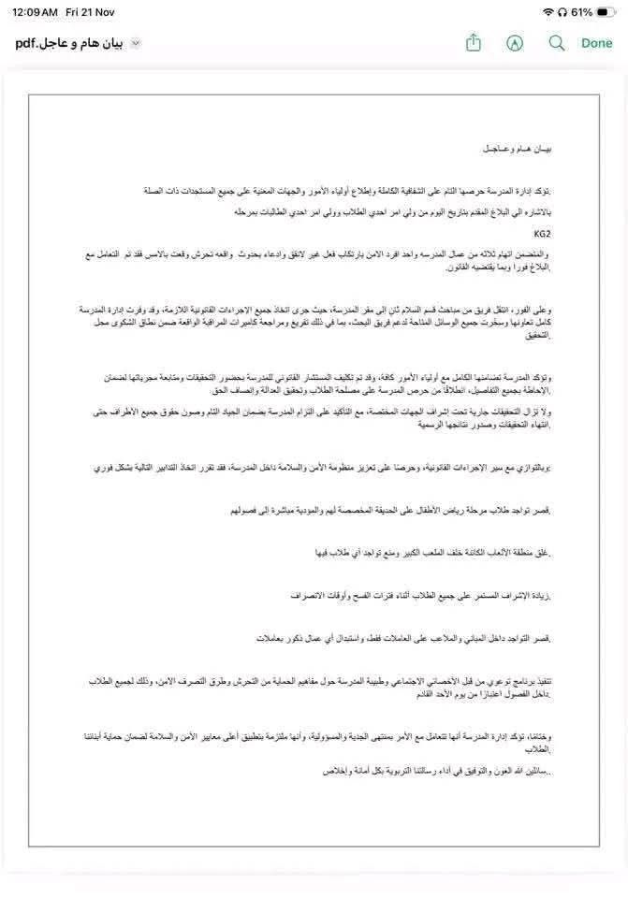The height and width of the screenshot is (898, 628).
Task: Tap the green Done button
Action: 596,43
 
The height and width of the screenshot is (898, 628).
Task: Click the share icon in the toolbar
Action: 474,43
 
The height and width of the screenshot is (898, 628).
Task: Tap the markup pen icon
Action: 515,43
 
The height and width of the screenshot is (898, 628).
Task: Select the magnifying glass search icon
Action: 557,43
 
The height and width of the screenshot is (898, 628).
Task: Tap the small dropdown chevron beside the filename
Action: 136,43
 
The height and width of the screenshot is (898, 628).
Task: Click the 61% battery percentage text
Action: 581,12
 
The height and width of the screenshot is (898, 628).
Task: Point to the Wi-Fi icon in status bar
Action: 548,12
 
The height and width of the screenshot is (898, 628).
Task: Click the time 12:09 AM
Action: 36,12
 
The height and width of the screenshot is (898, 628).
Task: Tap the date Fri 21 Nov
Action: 90,12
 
